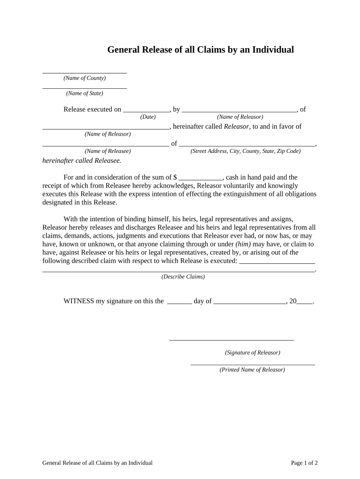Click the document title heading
(x=201, y=50)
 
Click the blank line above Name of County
(x=85, y=73)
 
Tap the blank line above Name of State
(x=85, y=87)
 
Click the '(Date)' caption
(x=148, y=117)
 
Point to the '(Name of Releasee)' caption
(x=108, y=151)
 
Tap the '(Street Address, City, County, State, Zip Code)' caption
(x=245, y=151)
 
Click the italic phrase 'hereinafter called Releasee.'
(x=82, y=160)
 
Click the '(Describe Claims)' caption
(x=183, y=276)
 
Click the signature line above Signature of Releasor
(x=231, y=339)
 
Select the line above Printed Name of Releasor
(x=252, y=363)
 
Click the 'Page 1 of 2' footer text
(x=304, y=463)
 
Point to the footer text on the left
(x=97, y=463)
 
